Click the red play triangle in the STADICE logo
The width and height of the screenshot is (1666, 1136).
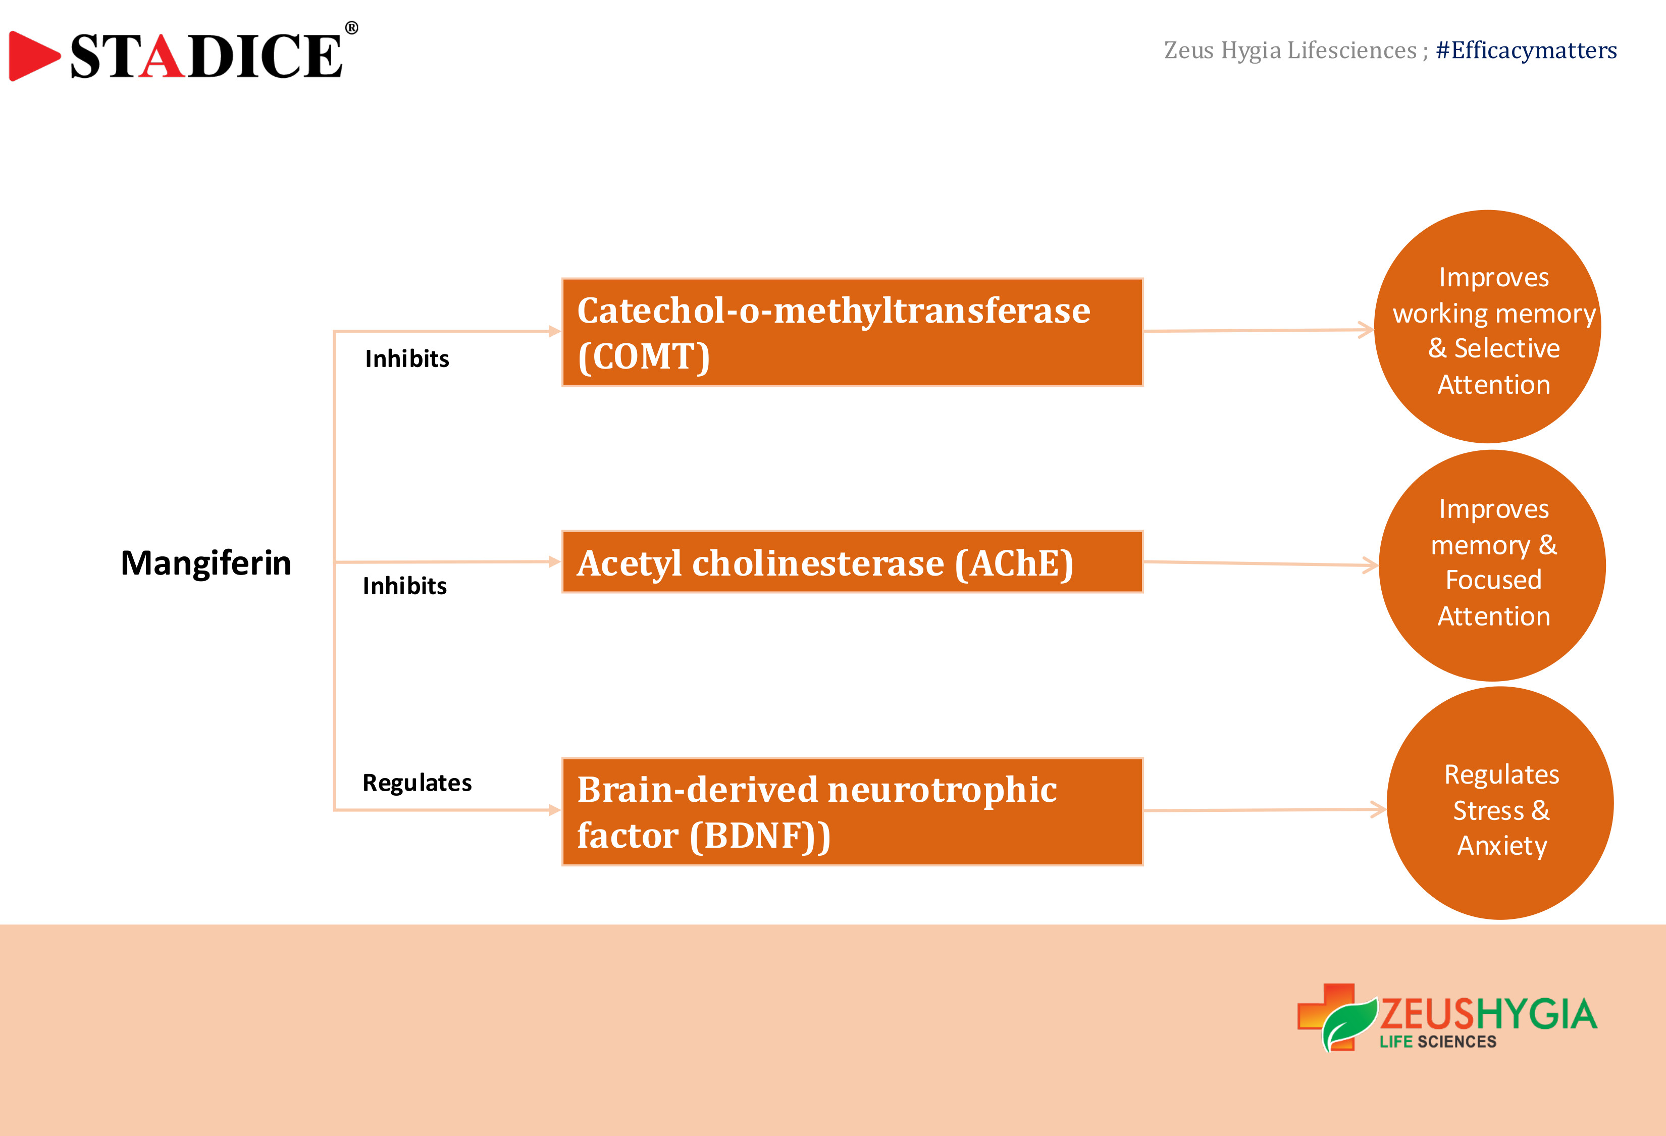point(33,56)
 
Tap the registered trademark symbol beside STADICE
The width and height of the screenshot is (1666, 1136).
point(351,28)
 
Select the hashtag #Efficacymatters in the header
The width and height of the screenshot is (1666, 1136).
point(1526,50)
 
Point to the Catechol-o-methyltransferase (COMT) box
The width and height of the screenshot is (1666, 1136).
point(852,332)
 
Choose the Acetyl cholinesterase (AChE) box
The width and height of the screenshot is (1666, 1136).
point(852,562)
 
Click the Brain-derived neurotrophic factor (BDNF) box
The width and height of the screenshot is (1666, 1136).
point(852,811)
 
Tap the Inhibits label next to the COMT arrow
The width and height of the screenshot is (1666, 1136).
point(406,358)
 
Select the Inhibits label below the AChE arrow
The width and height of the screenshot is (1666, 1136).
point(404,586)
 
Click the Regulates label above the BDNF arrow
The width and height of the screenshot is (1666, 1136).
point(417,783)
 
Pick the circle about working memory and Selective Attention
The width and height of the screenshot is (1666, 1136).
point(1487,327)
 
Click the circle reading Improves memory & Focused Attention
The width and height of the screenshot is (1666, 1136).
point(1492,565)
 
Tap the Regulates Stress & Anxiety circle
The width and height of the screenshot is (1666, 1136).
point(1500,803)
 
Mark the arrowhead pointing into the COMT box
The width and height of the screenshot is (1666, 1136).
point(555,331)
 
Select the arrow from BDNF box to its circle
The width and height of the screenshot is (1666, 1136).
point(1265,810)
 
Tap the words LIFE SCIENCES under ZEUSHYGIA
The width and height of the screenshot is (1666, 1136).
point(1438,1042)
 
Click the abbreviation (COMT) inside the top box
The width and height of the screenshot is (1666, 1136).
point(644,356)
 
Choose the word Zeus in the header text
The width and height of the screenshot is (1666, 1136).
point(1188,50)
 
